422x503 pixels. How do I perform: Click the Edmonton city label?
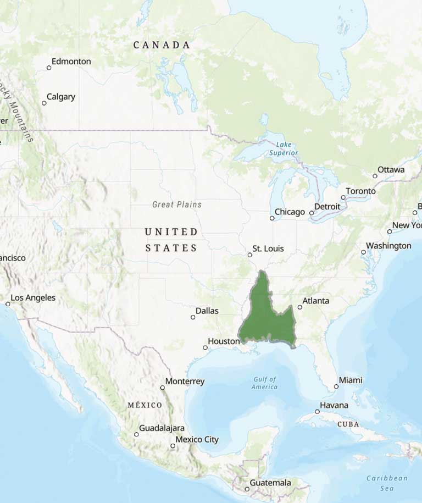(71, 62)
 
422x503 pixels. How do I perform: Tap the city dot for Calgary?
(45, 103)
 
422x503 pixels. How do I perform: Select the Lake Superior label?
(284, 148)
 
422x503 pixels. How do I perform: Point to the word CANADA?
(162, 45)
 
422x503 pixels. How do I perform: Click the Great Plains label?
(177, 204)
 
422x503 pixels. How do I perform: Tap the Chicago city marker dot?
(272, 218)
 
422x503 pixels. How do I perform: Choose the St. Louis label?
(268, 249)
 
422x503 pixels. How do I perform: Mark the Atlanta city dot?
(299, 307)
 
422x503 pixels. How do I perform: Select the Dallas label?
(207, 311)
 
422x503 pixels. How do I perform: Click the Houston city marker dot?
(206, 347)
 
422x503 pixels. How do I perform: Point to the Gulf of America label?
(265, 383)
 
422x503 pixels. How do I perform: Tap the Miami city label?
(351, 380)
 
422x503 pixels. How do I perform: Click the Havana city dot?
(317, 411)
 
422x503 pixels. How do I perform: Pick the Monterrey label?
(185, 381)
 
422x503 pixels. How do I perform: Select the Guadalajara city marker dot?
(136, 434)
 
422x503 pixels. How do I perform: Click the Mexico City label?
(197, 439)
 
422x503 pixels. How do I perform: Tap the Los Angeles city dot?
(8, 303)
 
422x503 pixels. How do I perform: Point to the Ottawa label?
(391, 170)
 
